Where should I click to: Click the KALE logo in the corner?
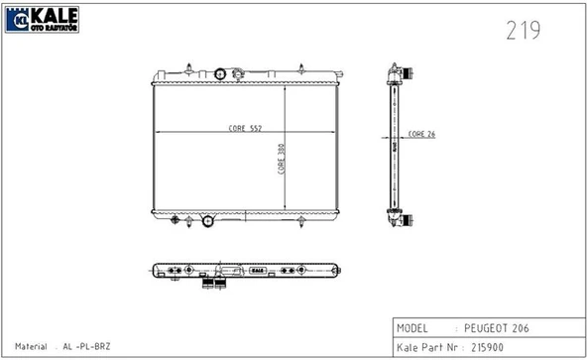(x=42, y=20)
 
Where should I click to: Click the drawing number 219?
(x=524, y=31)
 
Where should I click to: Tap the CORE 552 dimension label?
(x=245, y=128)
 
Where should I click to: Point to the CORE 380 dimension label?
(x=281, y=159)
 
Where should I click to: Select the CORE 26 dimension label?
(x=421, y=134)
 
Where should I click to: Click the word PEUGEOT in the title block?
(x=486, y=328)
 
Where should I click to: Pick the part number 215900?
(x=487, y=347)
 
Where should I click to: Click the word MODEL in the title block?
(x=411, y=328)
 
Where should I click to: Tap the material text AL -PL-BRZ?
(x=86, y=346)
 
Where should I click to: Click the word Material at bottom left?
(x=31, y=346)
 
